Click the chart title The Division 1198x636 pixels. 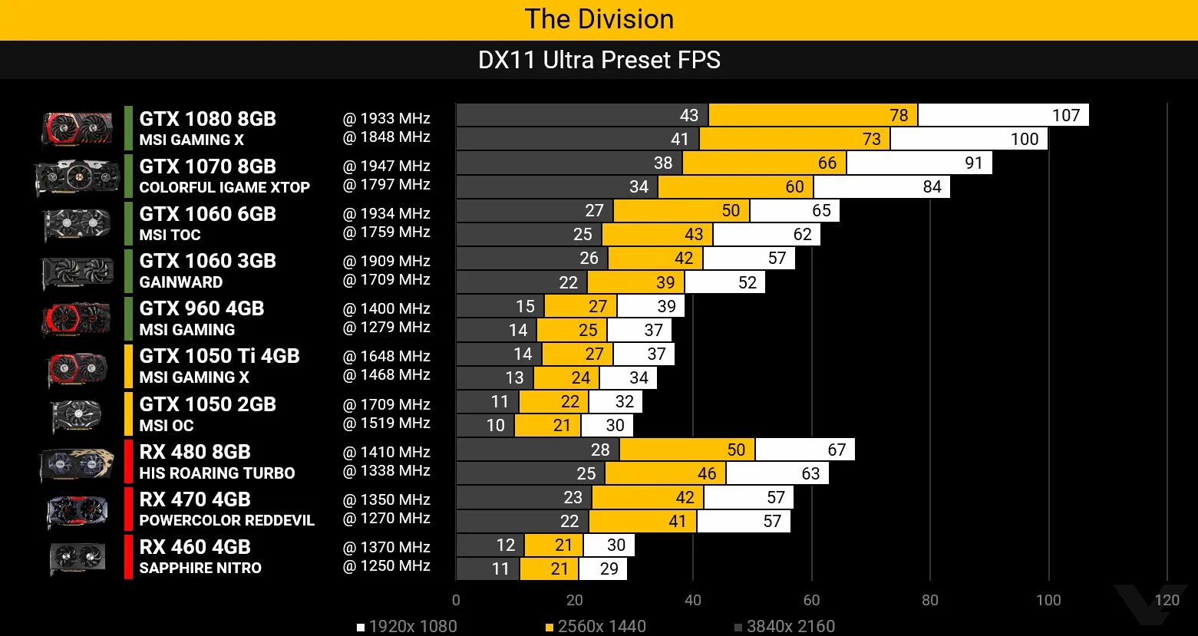599,19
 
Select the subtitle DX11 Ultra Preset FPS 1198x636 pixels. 599,60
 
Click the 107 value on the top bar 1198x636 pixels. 1065,115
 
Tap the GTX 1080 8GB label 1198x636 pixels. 207,119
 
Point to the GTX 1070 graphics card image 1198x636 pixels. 78,177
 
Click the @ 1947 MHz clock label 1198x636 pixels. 386,166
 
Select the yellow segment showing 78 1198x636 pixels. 813,115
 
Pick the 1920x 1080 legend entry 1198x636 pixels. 407,626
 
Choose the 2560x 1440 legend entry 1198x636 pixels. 596,626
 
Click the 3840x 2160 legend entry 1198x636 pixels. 784,626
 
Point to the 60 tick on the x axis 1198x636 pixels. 811,600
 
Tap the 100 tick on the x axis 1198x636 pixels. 1048,600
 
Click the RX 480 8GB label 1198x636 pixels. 195,452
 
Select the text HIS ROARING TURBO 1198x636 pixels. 216,473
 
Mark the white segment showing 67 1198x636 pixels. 804,450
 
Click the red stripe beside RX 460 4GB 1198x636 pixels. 128,557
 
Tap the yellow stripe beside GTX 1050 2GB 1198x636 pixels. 128,414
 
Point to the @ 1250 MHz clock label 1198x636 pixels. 386,565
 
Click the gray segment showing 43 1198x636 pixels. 582,115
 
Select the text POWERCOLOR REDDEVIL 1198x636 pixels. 226,520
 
